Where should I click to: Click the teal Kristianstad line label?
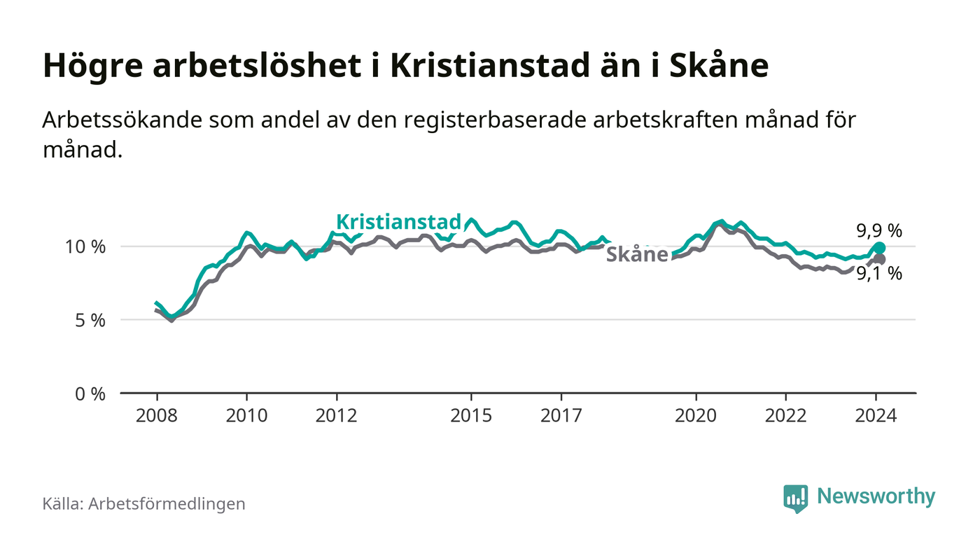[399, 222]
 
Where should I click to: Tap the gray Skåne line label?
[636, 255]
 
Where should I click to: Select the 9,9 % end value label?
[879, 230]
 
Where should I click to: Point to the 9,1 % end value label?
[879, 274]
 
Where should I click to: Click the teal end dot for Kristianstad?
[879, 248]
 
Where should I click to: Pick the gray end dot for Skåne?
[879, 260]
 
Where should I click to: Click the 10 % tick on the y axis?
[85, 246]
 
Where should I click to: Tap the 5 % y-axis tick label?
[90, 320]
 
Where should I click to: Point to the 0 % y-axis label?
[90, 394]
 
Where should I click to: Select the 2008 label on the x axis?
[156, 415]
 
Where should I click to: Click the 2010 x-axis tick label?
[246, 415]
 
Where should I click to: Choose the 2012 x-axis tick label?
[337, 415]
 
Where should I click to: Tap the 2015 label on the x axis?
[472, 415]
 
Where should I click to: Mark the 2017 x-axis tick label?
[561, 415]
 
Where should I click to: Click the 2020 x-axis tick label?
[696, 415]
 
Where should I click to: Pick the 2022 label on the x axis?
[786, 415]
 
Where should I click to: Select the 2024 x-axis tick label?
[876, 415]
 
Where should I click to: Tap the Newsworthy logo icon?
[795, 498]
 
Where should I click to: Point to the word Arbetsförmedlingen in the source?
[167, 503]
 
